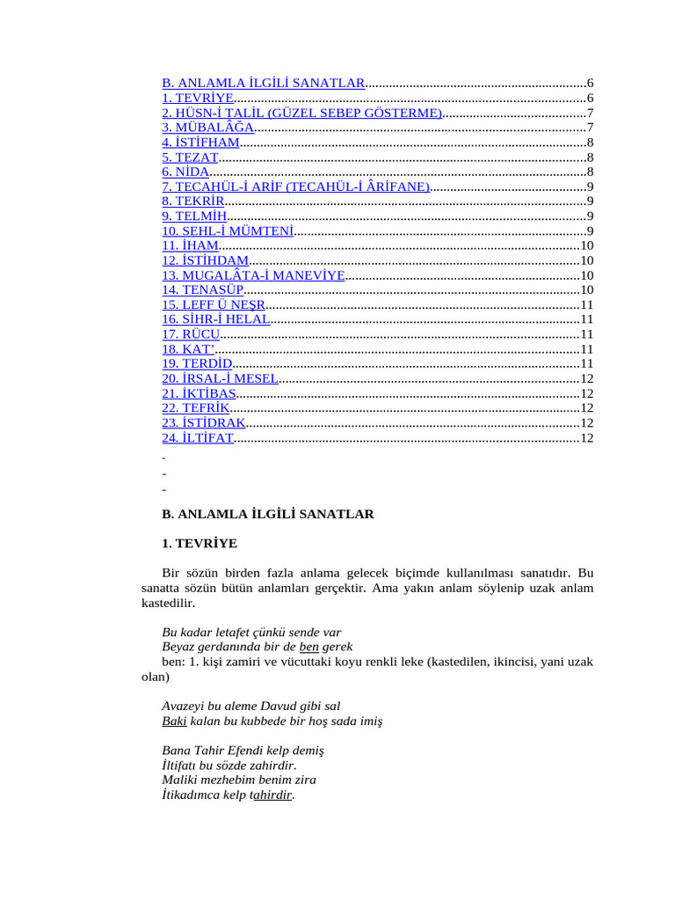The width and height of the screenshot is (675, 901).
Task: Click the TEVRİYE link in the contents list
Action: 198,98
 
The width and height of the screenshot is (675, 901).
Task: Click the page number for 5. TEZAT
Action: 591,157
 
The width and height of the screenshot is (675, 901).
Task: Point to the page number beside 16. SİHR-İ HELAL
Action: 587,319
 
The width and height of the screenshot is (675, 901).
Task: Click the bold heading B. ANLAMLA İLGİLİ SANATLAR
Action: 268,514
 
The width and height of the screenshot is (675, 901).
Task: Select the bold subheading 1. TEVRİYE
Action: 200,544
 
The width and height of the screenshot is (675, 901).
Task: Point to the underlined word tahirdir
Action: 272,795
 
